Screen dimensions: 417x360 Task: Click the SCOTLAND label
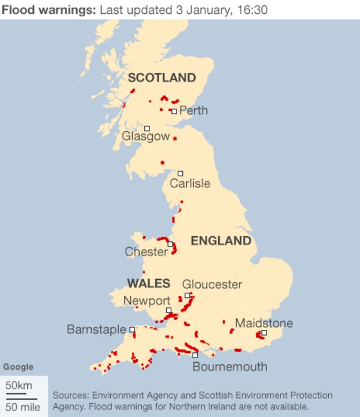[162, 78]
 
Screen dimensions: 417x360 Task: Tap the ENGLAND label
[221, 241]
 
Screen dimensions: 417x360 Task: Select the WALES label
[148, 283]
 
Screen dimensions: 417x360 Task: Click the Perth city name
[193, 110]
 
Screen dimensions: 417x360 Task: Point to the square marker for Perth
[174, 111]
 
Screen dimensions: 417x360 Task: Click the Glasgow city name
[146, 137]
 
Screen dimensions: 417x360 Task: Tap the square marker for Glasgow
[147, 128]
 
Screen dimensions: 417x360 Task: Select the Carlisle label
[190, 184]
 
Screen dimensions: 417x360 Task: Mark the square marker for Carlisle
[180, 173]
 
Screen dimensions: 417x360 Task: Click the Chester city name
[147, 252]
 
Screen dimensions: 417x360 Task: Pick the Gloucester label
[212, 284]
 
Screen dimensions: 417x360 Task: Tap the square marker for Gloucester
[187, 295]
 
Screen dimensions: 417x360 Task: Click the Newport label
[147, 301]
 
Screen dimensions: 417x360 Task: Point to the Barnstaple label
[96, 329]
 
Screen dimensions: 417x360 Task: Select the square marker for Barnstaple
[132, 330]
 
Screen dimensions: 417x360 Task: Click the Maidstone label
[264, 323]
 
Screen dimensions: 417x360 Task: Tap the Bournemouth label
[230, 367]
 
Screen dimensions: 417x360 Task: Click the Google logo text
[18, 367]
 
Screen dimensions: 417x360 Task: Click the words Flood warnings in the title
[47, 10]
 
